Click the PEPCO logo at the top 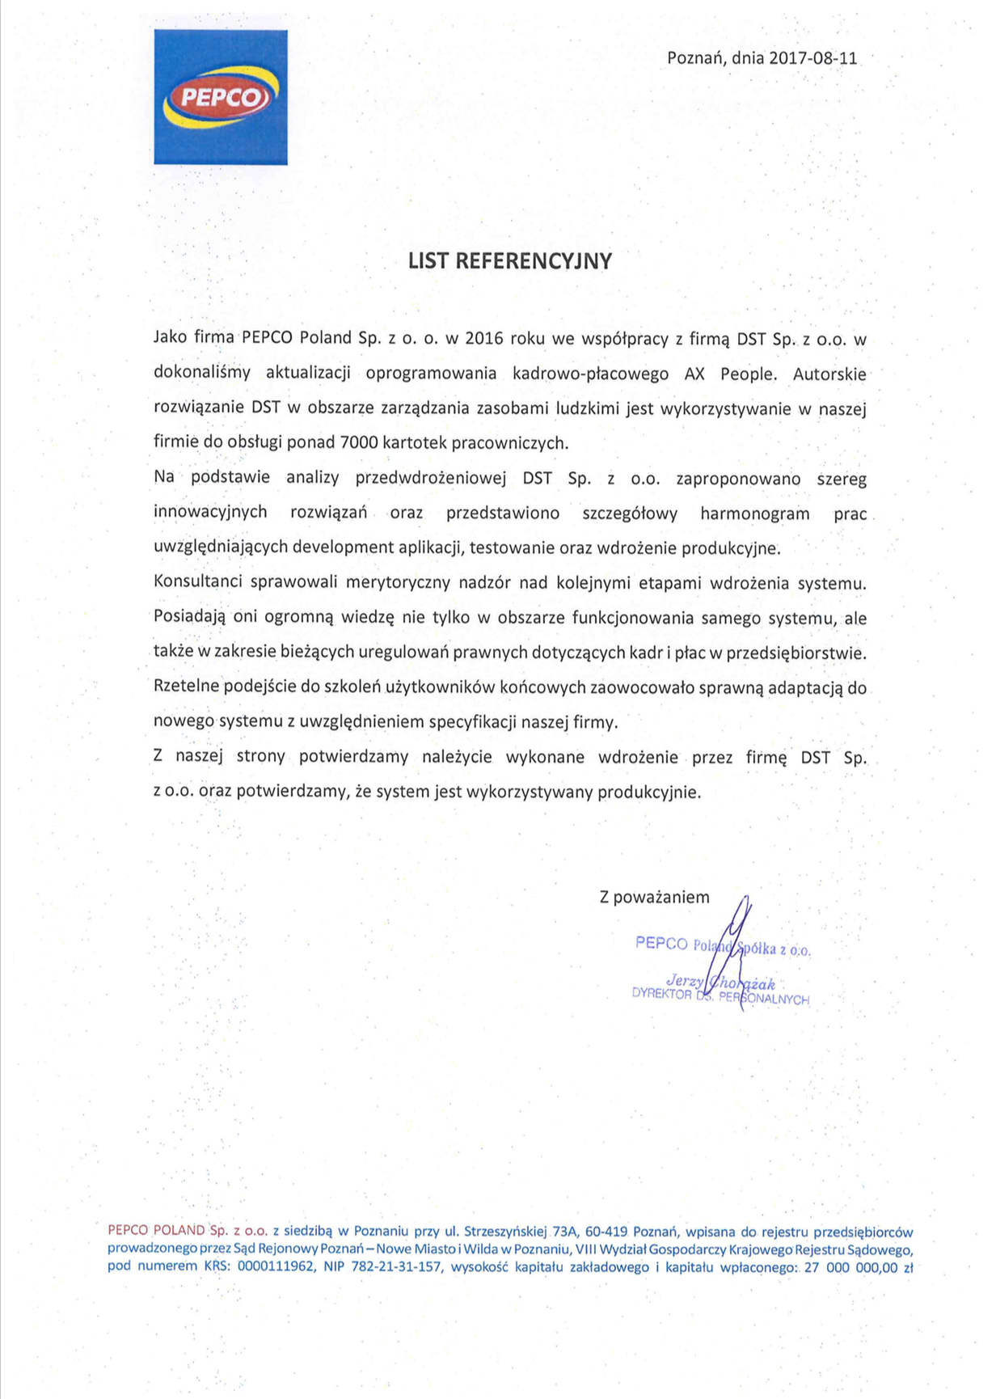tap(221, 97)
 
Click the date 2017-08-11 tap(812, 58)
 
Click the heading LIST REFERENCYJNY tap(510, 260)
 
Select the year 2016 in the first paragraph tap(484, 339)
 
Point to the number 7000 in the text tap(360, 442)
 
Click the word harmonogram tap(755, 514)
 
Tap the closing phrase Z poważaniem tap(655, 897)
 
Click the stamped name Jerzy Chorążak tap(720, 983)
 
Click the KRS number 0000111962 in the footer tap(276, 1267)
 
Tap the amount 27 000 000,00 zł tap(859, 1267)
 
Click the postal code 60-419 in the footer tap(606, 1232)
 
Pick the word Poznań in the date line tap(696, 58)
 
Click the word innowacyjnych tap(210, 513)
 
